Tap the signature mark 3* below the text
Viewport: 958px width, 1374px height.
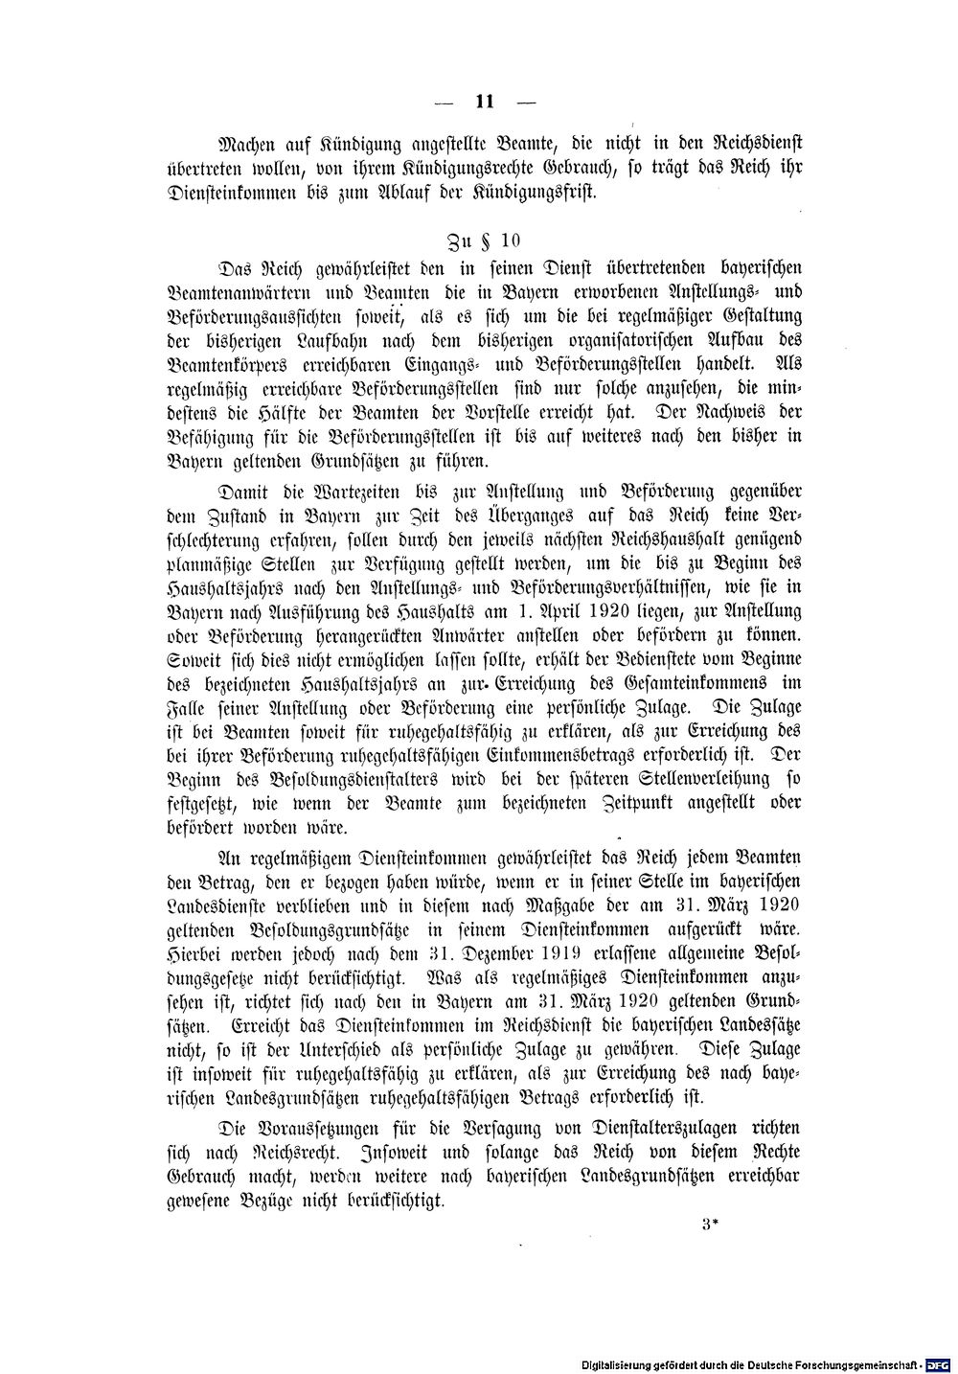click(709, 1224)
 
